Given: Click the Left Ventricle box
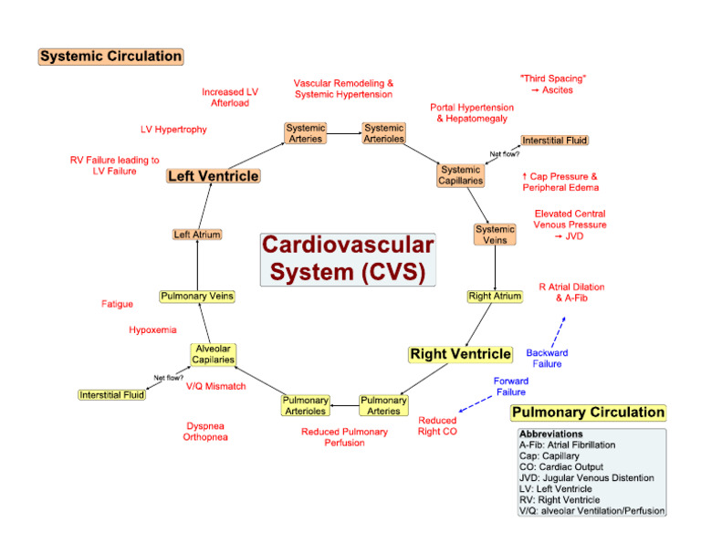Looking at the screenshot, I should [213, 176].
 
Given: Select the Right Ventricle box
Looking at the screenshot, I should [460, 353].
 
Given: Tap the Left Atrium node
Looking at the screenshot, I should [197, 235].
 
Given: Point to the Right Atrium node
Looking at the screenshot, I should [495, 296].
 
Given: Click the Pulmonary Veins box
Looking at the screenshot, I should [197, 296].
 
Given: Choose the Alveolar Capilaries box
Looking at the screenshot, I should [213, 354].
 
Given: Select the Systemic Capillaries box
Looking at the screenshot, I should [461, 175].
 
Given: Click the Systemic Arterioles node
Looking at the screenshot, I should [383, 133].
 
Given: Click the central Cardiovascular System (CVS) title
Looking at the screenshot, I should [348, 259].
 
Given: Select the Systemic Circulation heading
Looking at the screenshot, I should [110, 57].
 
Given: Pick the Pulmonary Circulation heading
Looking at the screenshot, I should [588, 412].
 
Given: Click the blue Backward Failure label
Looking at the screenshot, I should [548, 358].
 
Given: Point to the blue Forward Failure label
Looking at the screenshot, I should [510, 386].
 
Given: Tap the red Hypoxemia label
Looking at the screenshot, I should [152, 330].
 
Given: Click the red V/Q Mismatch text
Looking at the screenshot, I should [215, 387].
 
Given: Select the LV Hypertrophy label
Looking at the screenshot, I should [173, 130].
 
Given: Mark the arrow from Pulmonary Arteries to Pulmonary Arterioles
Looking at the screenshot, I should [344, 405].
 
